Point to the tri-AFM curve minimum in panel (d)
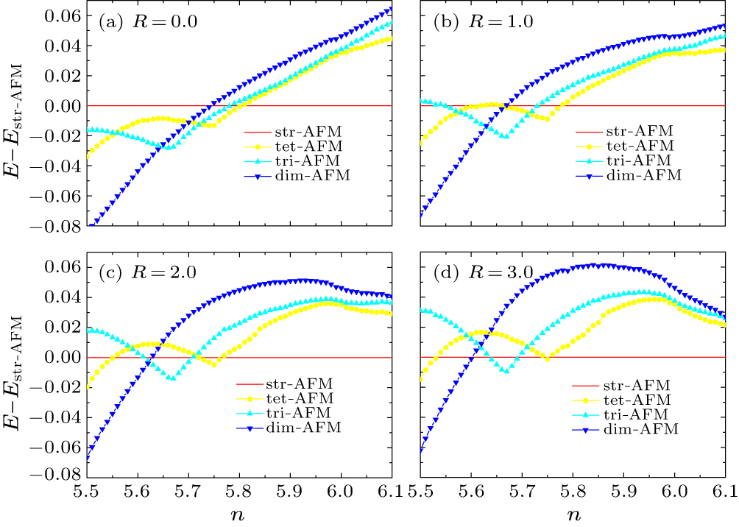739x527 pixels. [x=506, y=371]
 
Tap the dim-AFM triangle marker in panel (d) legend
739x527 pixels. [x=586, y=428]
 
